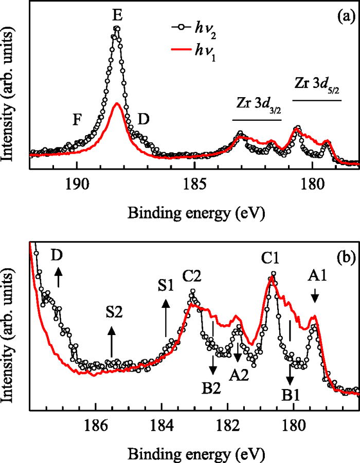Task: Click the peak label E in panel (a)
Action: [x=117, y=16]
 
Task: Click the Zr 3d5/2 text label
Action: [x=317, y=83]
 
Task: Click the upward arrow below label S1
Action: [x=166, y=319]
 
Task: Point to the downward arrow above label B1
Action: [x=290, y=374]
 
